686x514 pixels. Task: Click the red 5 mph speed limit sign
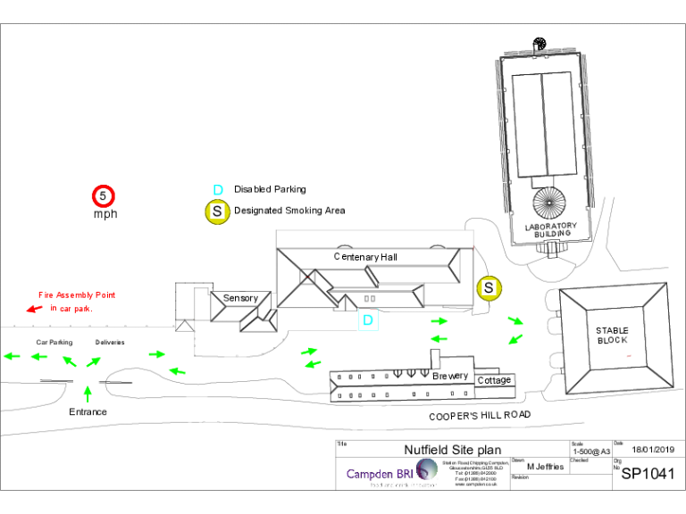104,195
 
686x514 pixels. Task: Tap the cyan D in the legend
217,189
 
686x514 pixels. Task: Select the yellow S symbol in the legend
217,211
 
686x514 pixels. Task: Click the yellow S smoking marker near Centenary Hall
489,287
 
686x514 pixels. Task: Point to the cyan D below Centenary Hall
367,320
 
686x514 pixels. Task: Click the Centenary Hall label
365,257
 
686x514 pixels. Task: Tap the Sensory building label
240,298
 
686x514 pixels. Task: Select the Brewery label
450,376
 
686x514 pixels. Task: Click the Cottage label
494,380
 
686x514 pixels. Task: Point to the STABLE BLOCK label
612,336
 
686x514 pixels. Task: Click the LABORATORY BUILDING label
550,230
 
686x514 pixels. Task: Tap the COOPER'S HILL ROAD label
480,415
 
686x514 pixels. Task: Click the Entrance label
88,411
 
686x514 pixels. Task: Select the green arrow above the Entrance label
87,392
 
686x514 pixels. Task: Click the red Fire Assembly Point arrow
34,309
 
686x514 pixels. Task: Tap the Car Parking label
54,342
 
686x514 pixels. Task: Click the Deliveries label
110,342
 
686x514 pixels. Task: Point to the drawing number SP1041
648,474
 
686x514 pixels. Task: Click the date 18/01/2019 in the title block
653,449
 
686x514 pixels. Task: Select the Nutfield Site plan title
453,450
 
